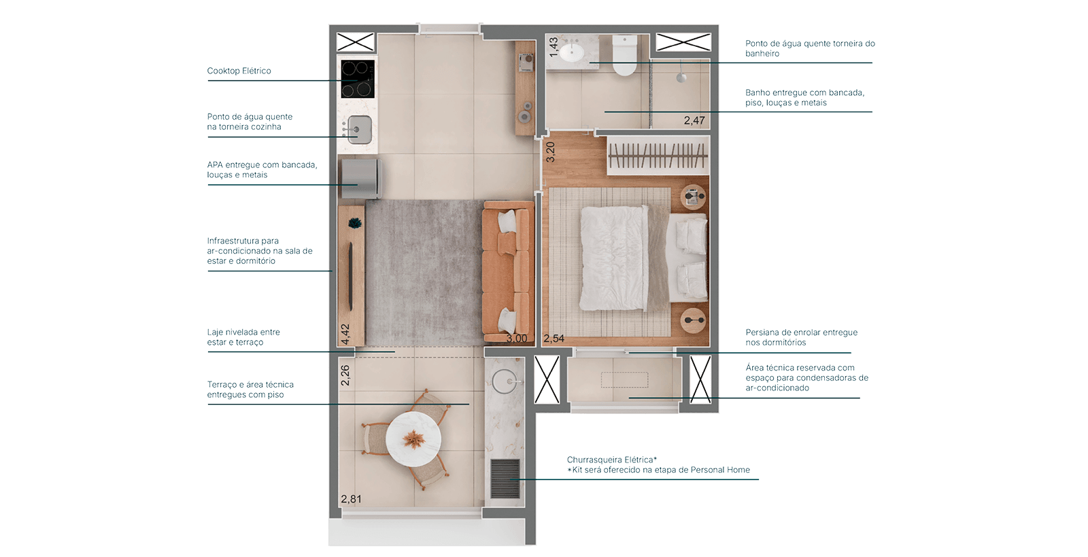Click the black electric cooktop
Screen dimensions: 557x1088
(357, 78)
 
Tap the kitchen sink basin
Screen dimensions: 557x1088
(358, 129)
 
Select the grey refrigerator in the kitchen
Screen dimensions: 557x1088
(360, 178)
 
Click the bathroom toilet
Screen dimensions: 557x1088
(624, 55)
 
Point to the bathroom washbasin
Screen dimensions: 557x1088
(572, 52)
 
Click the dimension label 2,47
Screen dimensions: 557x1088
(694, 120)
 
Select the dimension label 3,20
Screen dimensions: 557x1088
(551, 151)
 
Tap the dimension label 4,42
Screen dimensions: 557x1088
(345, 333)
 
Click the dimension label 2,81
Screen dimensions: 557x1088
(351, 499)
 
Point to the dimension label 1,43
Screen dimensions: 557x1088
(554, 46)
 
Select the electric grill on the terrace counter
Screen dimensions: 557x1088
(505, 479)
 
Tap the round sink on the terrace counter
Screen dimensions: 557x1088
(505, 382)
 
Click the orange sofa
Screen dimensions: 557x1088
(507, 272)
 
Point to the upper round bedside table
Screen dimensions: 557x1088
(692, 197)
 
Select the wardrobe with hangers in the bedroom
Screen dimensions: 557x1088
(657, 158)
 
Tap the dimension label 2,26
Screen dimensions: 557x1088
(345, 375)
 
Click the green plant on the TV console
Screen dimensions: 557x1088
(354, 222)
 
